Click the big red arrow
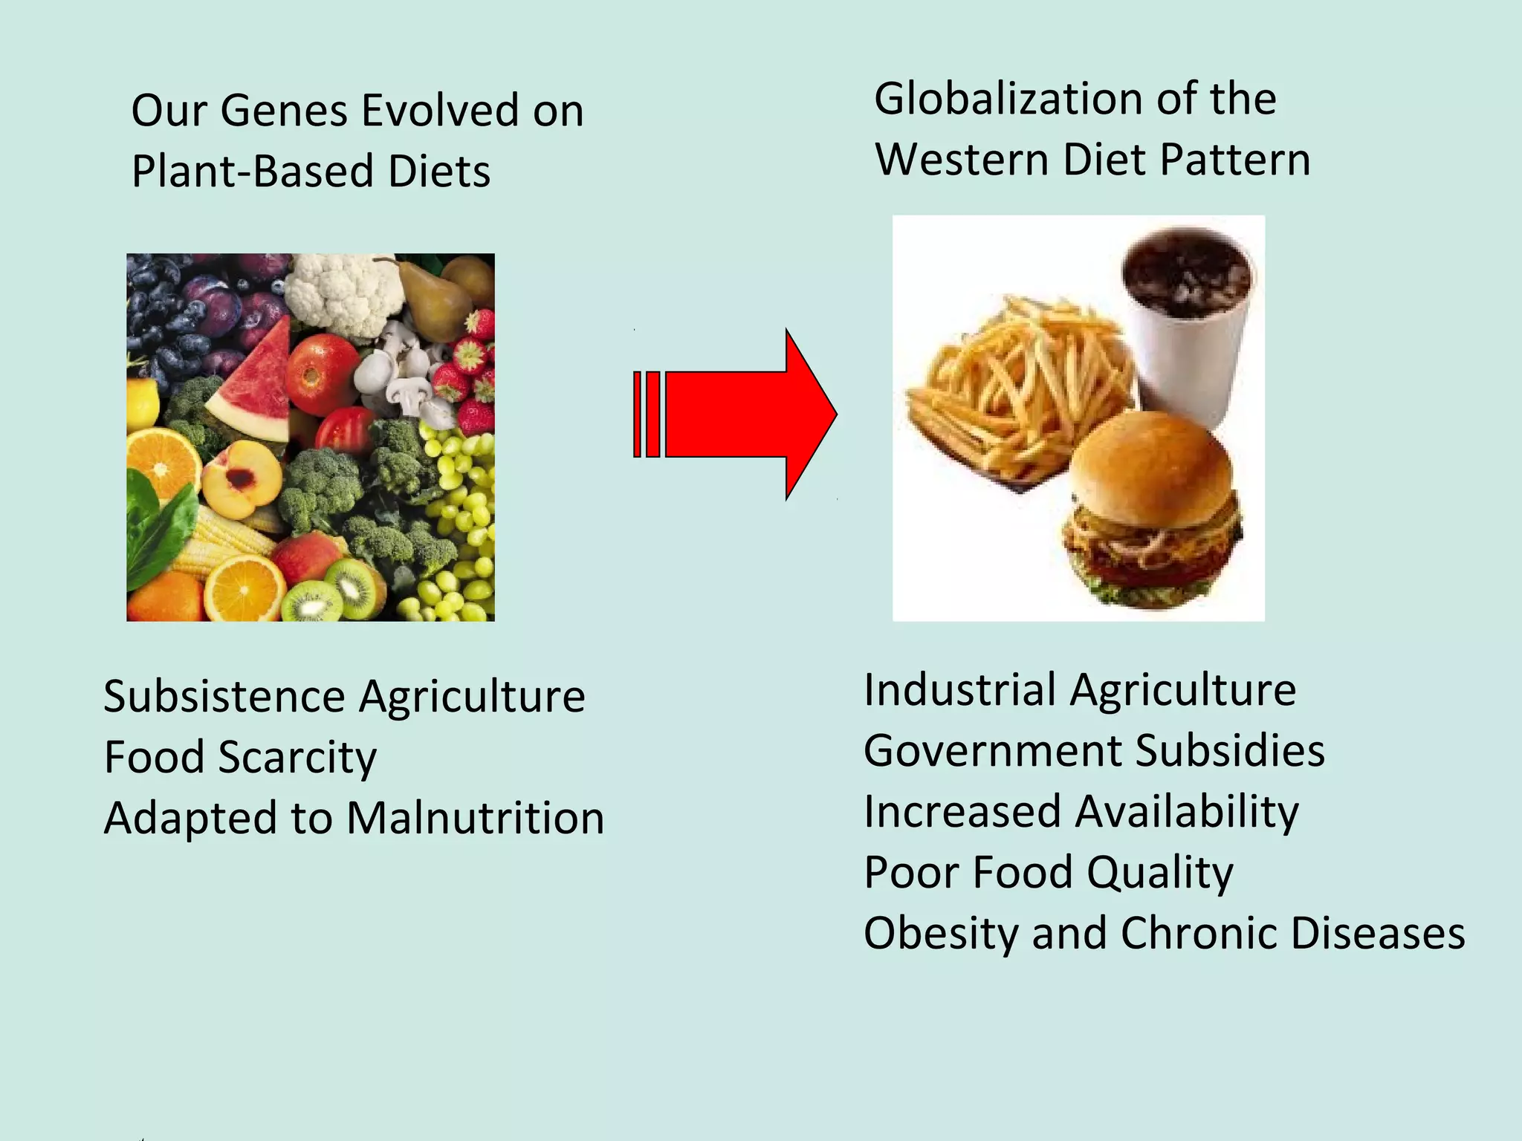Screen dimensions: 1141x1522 [x=743, y=414]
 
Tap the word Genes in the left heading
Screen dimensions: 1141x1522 [x=284, y=111]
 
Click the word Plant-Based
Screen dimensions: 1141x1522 [x=253, y=172]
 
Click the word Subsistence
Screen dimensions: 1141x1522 [x=224, y=697]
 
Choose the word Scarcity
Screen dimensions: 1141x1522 [x=297, y=758]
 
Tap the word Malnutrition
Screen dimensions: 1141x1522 [x=475, y=819]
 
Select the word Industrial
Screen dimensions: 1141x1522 [x=959, y=690]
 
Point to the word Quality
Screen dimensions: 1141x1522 [x=1160, y=873]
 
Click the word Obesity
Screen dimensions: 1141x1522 [x=940, y=934]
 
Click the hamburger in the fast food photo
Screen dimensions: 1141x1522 [x=1152, y=513]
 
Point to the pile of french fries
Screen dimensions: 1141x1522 [x=1018, y=386]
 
